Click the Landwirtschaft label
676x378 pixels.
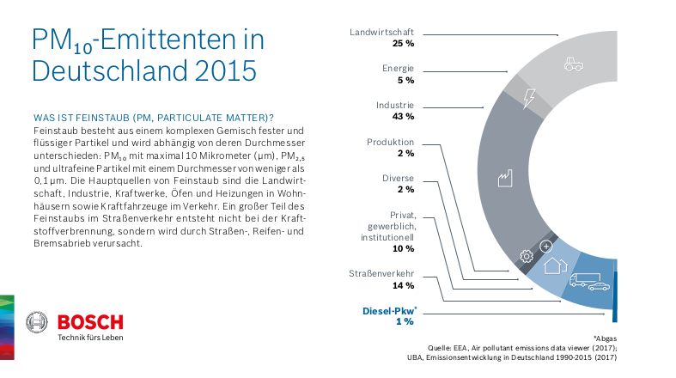click(382, 32)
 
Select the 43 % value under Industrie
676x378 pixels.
click(404, 116)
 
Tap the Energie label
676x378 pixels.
click(399, 68)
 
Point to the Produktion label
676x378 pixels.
click(391, 142)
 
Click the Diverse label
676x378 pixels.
click(399, 178)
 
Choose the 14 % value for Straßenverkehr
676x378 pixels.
click(404, 285)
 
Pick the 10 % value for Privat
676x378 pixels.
click(404, 248)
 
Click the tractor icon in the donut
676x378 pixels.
click(573, 64)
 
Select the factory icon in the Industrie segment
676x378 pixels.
click(504, 180)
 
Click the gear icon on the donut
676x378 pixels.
click(527, 255)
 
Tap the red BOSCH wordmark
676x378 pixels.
click(89, 322)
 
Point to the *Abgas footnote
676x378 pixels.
click(604, 338)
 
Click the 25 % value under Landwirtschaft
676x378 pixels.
click(404, 43)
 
